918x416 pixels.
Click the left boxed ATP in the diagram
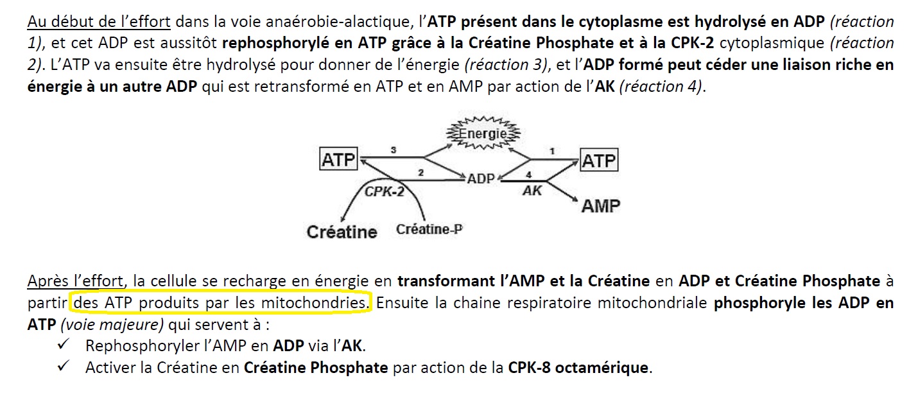coord(338,159)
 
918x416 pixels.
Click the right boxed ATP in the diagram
coord(599,160)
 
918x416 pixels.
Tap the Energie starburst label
coord(483,133)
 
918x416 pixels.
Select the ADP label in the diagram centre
coord(481,178)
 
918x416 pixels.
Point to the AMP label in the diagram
coord(601,205)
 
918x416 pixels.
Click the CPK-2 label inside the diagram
coord(385,191)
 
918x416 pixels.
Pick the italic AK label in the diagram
coord(532,191)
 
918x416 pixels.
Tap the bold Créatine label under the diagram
coord(342,232)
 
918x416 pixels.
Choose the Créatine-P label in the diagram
coord(429,229)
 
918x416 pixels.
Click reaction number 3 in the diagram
coord(394,150)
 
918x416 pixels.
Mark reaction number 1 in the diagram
coord(552,152)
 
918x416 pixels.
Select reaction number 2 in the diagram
coord(421,173)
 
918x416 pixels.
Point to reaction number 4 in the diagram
coord(529,175)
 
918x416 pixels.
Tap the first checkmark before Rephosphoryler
coord(64,343)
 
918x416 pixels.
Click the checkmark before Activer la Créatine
coord(64,365)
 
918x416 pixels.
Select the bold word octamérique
coord(602,368)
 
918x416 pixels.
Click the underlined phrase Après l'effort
coord(75,281)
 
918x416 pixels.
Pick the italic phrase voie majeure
coord(112,325)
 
